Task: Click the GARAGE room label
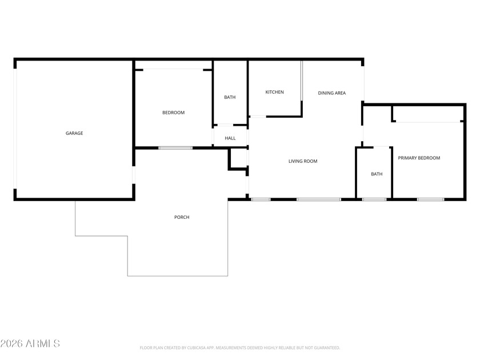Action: tap(74, 133)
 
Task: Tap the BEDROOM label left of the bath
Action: tap(173, 113)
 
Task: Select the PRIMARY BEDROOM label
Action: tap(419, 158)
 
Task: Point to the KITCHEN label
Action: tap(274, 92)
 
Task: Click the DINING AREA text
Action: tap(332, 93)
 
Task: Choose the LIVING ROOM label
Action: tap(303, 161)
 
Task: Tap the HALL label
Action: tap(230, 138)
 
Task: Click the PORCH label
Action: tap(182, 217)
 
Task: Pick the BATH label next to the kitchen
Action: tap(230, 97)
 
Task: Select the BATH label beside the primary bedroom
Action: tap(377, 174)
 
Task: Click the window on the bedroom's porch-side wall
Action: tap(175, 148)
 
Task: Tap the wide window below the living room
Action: tap(319, 199)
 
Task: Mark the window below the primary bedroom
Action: tap(430, 199)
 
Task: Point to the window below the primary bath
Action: tap(374, 199)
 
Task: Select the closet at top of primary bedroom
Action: tap(428, 114)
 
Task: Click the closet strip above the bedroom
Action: tap(174, 65)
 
